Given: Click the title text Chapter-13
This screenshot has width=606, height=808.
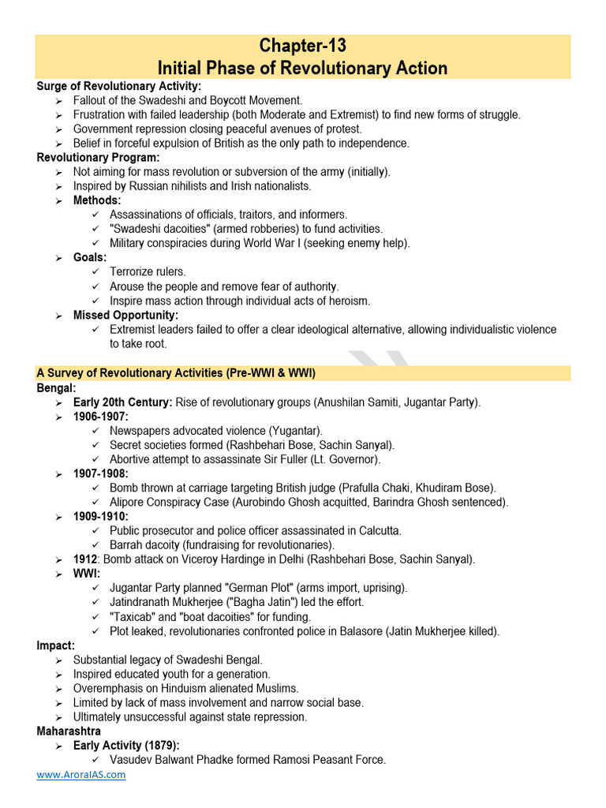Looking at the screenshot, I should click(x=302, y=45).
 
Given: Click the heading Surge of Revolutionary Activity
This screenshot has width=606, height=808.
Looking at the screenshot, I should click(x=118, y=86).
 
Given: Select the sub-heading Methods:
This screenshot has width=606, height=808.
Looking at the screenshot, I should click(x=97, y=200).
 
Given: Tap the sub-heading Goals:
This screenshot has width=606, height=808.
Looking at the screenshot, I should click(x=89, y=257).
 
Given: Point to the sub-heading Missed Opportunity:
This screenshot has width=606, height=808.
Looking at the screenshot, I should click(x=125, y=315).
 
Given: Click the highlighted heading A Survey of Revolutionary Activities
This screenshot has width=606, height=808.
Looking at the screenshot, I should click(x=176, y=372).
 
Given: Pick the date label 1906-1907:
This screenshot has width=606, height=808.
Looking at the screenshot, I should click(x=100, y=416).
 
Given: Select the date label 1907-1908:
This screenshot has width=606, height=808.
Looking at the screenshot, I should click(x=100, y=473).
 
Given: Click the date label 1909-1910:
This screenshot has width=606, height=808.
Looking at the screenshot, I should click(x=100, y=516).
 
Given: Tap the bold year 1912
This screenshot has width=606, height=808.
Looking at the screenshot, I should click(x=84, y=559).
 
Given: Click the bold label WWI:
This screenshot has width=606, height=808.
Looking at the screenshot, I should click(x=86, y=574).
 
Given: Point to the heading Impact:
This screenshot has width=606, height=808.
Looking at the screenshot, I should click(x=56, y=645).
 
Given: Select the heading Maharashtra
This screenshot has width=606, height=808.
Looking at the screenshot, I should click(x=69, y=731).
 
